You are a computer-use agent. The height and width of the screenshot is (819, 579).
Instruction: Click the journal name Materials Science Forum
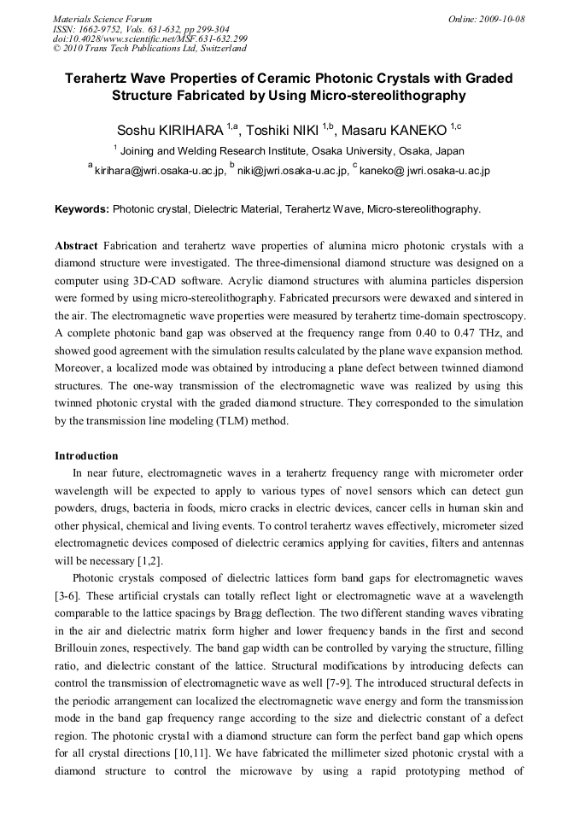[x=102, y=19]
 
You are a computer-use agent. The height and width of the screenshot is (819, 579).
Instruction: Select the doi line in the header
[x=149, y=38]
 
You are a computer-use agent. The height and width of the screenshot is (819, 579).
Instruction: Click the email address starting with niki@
[x=293, y=171]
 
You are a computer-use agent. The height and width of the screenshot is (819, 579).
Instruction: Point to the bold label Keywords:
[x=82, y=208]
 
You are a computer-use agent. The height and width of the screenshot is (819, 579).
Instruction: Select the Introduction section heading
[x=86, y=456]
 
